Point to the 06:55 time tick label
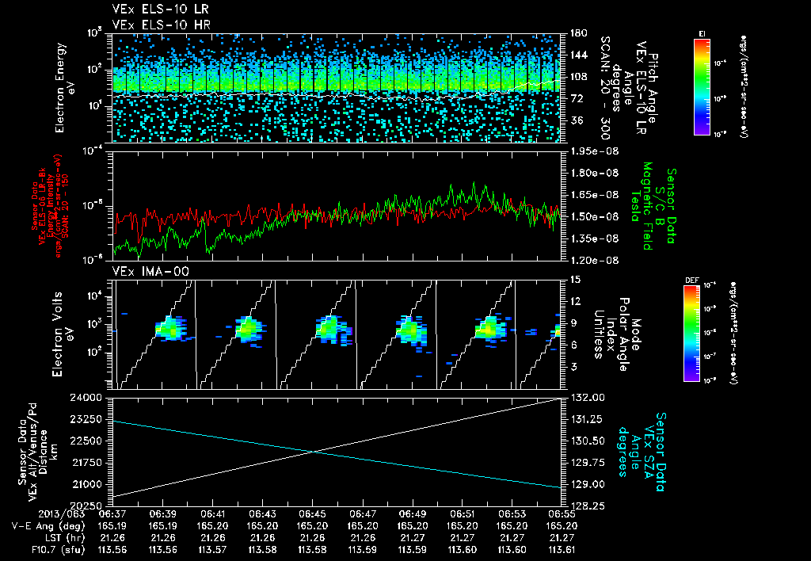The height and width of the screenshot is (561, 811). (561, 513)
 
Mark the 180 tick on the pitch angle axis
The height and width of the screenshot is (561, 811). (577, 33)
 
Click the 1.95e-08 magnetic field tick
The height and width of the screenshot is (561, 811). (593, 151)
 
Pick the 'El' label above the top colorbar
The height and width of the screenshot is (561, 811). (702, 33)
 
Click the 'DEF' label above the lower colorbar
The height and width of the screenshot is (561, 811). (689, 280)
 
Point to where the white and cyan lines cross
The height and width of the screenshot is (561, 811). (315, 452)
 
